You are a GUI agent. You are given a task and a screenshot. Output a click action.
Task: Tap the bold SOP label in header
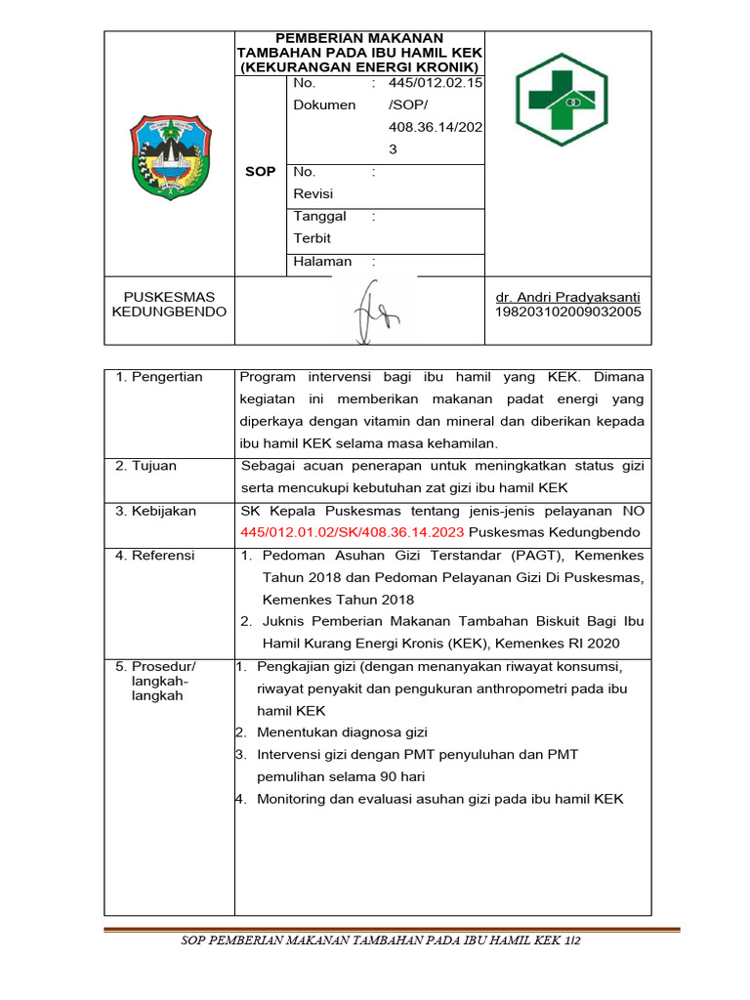pos(261,171)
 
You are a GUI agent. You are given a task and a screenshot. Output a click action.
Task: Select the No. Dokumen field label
pos(324,95)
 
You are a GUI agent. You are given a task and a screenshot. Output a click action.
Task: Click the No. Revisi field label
pos(313,183)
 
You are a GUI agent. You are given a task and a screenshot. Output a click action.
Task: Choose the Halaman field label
pos(322,262)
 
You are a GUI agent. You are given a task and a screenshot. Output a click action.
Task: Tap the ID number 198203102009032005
pos(568,312)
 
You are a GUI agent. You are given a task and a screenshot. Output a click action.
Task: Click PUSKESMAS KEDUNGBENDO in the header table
pos(169,304)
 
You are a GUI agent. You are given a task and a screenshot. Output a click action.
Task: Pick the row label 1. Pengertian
pos(159,377)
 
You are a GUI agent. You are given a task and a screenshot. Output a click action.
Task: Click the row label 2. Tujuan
pos(146,466)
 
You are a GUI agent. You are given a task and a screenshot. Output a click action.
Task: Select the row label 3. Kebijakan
pos(156,511)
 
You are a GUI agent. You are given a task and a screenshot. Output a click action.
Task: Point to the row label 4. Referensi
pos(155,555)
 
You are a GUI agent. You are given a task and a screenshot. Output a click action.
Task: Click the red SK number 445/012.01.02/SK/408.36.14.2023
pos(353,532)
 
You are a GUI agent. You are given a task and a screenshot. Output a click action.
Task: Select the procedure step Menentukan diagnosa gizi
pos(342,732)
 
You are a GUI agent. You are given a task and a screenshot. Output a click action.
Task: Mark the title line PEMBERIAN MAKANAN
pos(359,37)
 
